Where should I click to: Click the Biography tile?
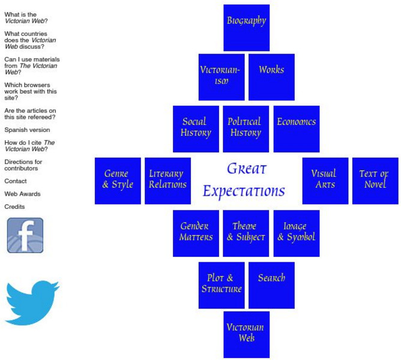[x=246, y=28]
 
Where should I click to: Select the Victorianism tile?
[x=222, y=77]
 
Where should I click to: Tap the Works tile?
[x=271, y=77]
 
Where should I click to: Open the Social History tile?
[x=196, y=129]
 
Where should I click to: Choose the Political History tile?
[x=246, y=129]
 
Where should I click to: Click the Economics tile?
[x=297, y=129]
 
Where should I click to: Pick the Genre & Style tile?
[x=118, y=181]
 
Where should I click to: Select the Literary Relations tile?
[x=168, y=181]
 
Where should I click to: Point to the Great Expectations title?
[x=245, y=180]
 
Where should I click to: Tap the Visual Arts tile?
[x=325, y=181]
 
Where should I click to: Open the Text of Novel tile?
[x=375, y=181]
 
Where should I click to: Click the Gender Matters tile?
[x=196, y=233]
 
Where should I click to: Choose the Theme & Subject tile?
[x=246, y=233]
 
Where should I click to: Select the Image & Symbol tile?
[x=297, y=233]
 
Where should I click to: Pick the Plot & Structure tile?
[x=222, y=285]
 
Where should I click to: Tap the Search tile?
[x=271, y=285]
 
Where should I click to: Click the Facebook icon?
[x=25, y=235]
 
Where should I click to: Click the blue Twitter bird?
[x=32, y=302]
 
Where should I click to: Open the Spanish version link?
[x=27, y=130]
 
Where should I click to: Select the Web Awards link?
[x=22, y=194]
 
